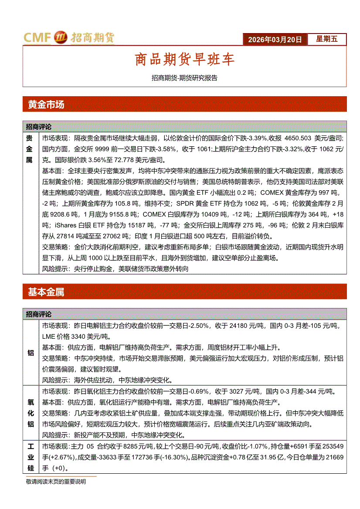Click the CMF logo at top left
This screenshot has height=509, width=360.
(69, 38)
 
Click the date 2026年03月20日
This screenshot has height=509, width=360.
(275, 40)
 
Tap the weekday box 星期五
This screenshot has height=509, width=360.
(327, 39)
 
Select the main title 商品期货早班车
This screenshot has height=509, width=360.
(185, 60)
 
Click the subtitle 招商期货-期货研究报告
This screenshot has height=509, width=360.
(184, 78)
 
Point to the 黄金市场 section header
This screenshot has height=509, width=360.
(46, 104)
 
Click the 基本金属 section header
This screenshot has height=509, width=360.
(46, 292)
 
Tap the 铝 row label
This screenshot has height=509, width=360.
(31, 353)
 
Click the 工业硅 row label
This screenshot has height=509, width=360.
(31, 457)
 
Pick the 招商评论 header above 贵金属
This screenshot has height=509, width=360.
(39, 127)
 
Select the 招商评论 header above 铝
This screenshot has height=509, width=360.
(39, 314)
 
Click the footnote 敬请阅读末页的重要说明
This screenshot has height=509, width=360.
(56, 482)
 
